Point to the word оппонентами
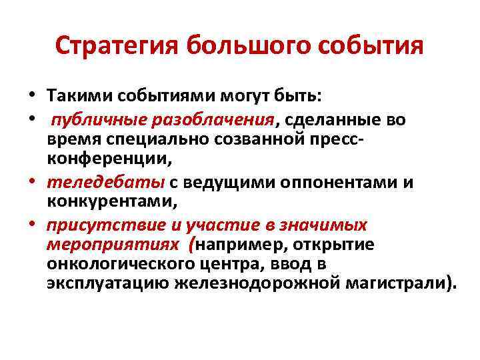[297, 183]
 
